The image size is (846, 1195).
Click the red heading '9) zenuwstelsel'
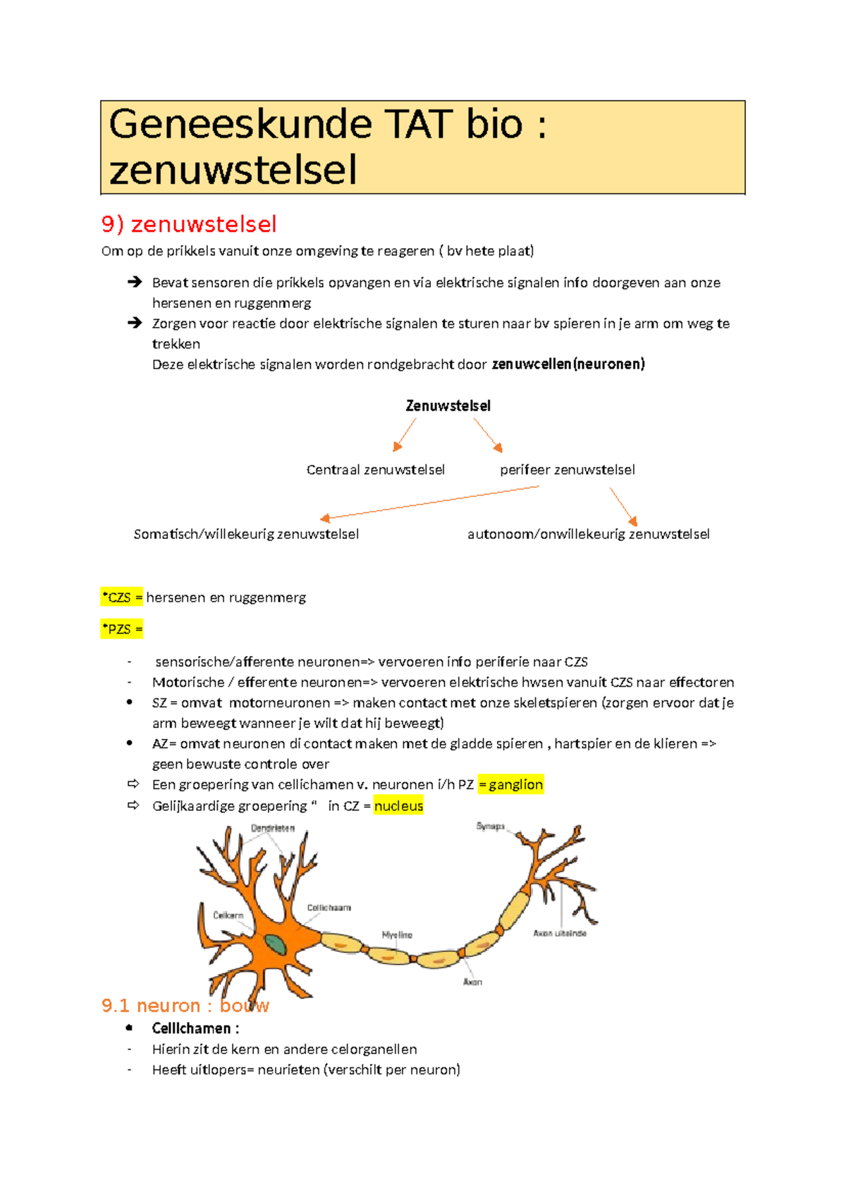pos(189,224)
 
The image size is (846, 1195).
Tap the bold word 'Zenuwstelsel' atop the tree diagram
pos(448,406)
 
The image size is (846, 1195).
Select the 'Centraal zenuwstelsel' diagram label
pos(375,470)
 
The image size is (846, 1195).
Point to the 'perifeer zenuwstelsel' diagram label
pos(567,470)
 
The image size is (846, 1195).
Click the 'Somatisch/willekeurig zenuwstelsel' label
pos(246,534)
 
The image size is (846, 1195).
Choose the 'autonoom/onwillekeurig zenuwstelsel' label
pos(588,534)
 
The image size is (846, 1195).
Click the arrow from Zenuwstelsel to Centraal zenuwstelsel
pos(405,434)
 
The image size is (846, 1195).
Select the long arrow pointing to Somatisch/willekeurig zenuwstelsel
pos(430,502)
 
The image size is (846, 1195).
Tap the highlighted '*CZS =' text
pos(122,597)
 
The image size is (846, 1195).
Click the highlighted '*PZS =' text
pos(122,629)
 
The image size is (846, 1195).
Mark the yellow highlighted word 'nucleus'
pos(398,806)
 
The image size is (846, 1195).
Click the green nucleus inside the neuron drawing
pos(276,944)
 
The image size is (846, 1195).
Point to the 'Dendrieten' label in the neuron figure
pos(273,829)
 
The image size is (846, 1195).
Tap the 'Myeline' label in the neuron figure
pos(397,935)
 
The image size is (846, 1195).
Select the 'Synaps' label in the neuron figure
pos(490,826)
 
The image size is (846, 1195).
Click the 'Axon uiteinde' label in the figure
pos(560,934)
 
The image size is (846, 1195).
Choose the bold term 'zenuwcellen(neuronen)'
pos(568,364)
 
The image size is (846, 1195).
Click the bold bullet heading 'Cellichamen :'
pos(195,1029)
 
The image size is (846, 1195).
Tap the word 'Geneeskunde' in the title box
pos(240,125)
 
